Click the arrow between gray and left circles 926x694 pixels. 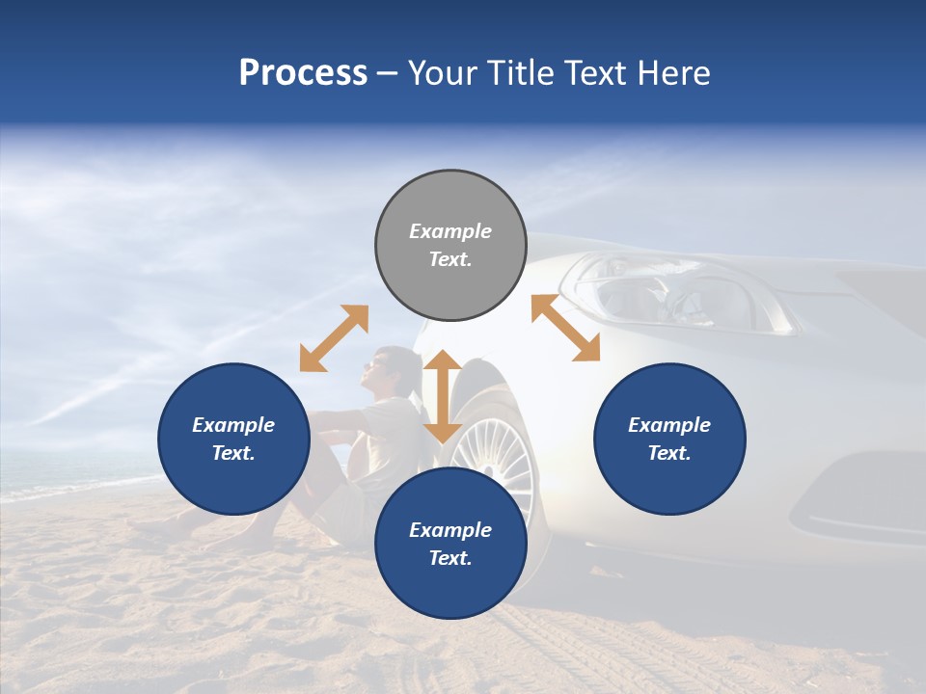click(334, 338)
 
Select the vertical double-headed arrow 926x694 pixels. click(443, 396)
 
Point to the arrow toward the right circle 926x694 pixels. click(565, 328)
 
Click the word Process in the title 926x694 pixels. click(303, 72)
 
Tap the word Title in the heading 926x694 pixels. click(522, 72)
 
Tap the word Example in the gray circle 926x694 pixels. click(450, 231)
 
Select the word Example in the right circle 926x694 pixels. click(669, 425)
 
